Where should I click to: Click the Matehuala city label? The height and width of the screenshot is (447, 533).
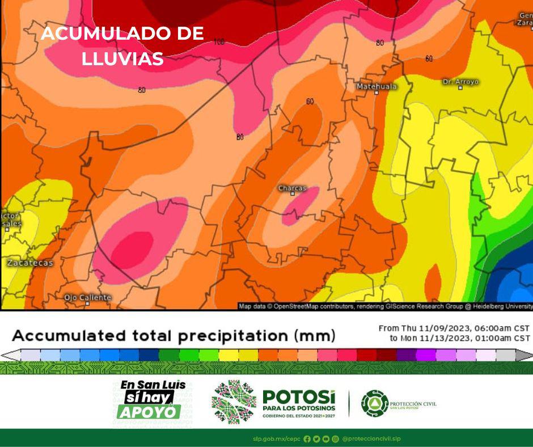377,86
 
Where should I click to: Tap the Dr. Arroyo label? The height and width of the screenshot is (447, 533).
460,82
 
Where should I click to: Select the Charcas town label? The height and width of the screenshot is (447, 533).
292,188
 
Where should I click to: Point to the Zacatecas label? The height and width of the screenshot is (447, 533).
30,263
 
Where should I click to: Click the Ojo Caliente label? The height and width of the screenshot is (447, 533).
87,297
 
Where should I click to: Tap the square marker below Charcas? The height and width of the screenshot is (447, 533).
293,194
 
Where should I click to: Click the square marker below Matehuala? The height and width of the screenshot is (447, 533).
376,92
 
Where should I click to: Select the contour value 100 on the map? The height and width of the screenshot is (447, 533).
219,42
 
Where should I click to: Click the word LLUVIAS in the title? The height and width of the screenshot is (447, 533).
122,58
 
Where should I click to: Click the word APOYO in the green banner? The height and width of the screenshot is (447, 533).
149,411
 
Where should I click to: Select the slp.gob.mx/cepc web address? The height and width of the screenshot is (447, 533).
277,438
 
